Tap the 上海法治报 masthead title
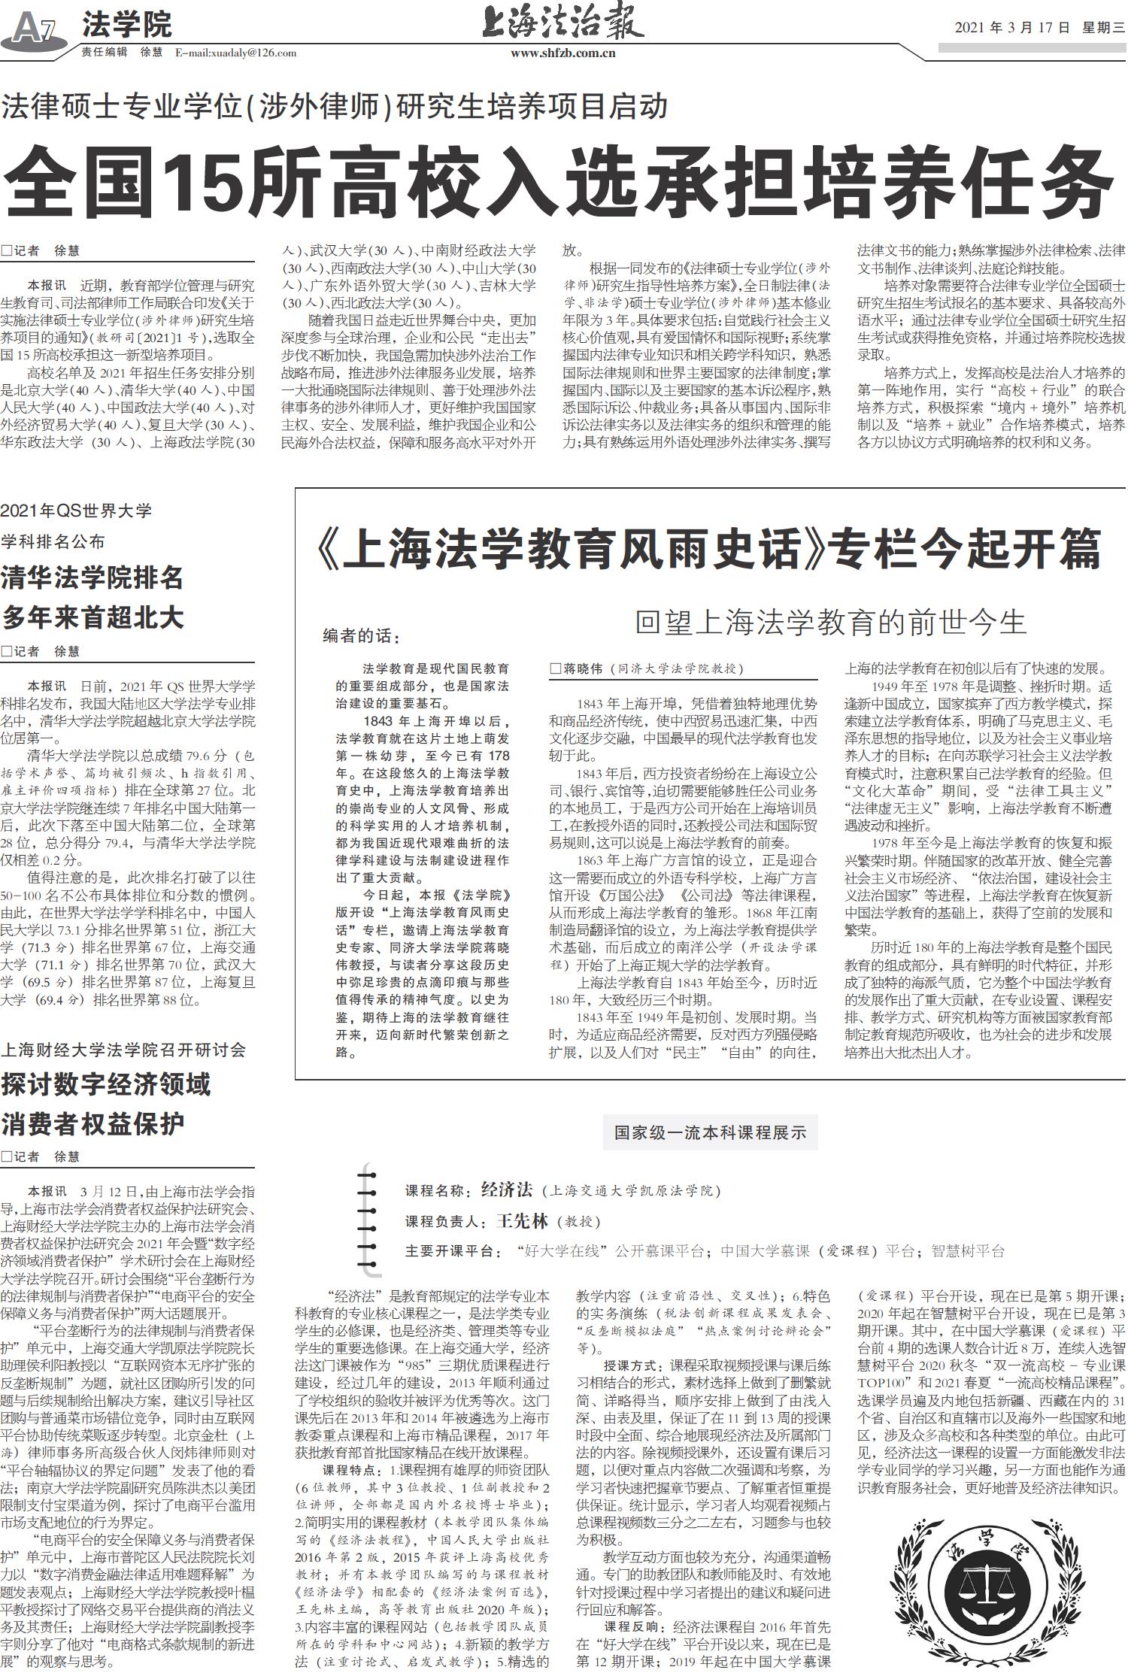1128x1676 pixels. pyautogui.click(x=562, y=23)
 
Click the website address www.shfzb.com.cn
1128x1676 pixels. pyautogui.click(x=562, y=53)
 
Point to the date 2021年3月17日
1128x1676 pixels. pyautogui.click(x=1012, y=28)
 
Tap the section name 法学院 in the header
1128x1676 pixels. pyautogui.click(x=126, y=25)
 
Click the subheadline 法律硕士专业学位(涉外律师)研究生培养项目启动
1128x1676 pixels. pyautogui.click(x=334, y=106)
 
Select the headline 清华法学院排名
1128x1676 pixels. pyautogui.click(x=92, y=577)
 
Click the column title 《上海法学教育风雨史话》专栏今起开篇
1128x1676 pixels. pyautogui.click(x=707, y=548)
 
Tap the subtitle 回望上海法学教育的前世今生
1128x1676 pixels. pyautogui.click(x=830, y=623)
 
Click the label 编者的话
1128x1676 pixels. pyautogui.click(x=358, y=636)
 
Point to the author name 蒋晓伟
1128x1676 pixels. pyautogui.click(x=584, y=668)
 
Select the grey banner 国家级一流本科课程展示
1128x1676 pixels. pyautogui.click(x=709, y=1132)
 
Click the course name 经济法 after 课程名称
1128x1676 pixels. pyautogui.click(x=506, y=1190)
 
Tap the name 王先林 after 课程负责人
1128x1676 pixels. pyautogui.click(x=522, y=1221)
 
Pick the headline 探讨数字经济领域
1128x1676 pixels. pyautogui.click(x=106, y=1083)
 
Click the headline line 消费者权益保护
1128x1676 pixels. pyautogui.click(x=92, y=1124)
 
